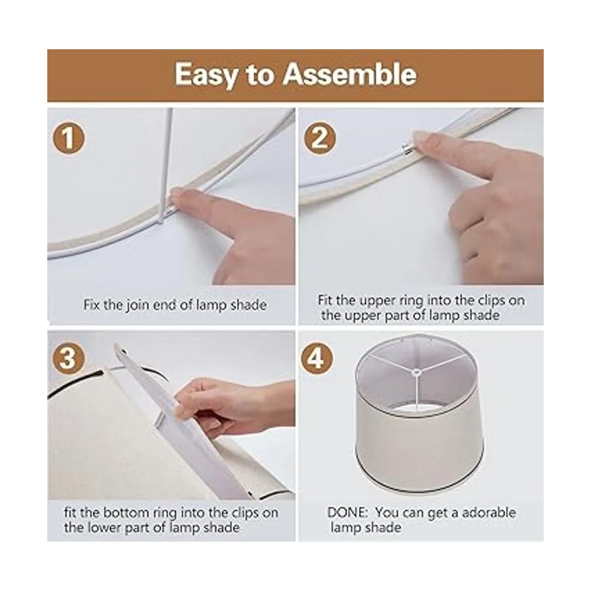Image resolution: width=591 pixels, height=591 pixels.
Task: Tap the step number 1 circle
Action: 68,138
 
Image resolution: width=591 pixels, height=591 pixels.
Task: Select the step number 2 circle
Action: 320,138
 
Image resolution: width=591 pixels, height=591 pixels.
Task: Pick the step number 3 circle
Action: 68,358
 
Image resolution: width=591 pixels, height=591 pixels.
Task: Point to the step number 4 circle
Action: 317,358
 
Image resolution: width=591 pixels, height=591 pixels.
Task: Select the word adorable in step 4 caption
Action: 489,513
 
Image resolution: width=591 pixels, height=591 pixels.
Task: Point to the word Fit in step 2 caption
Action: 325,300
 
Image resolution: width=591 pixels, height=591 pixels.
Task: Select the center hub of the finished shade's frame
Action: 416,373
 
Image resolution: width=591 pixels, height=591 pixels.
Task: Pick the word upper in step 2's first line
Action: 378,301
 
